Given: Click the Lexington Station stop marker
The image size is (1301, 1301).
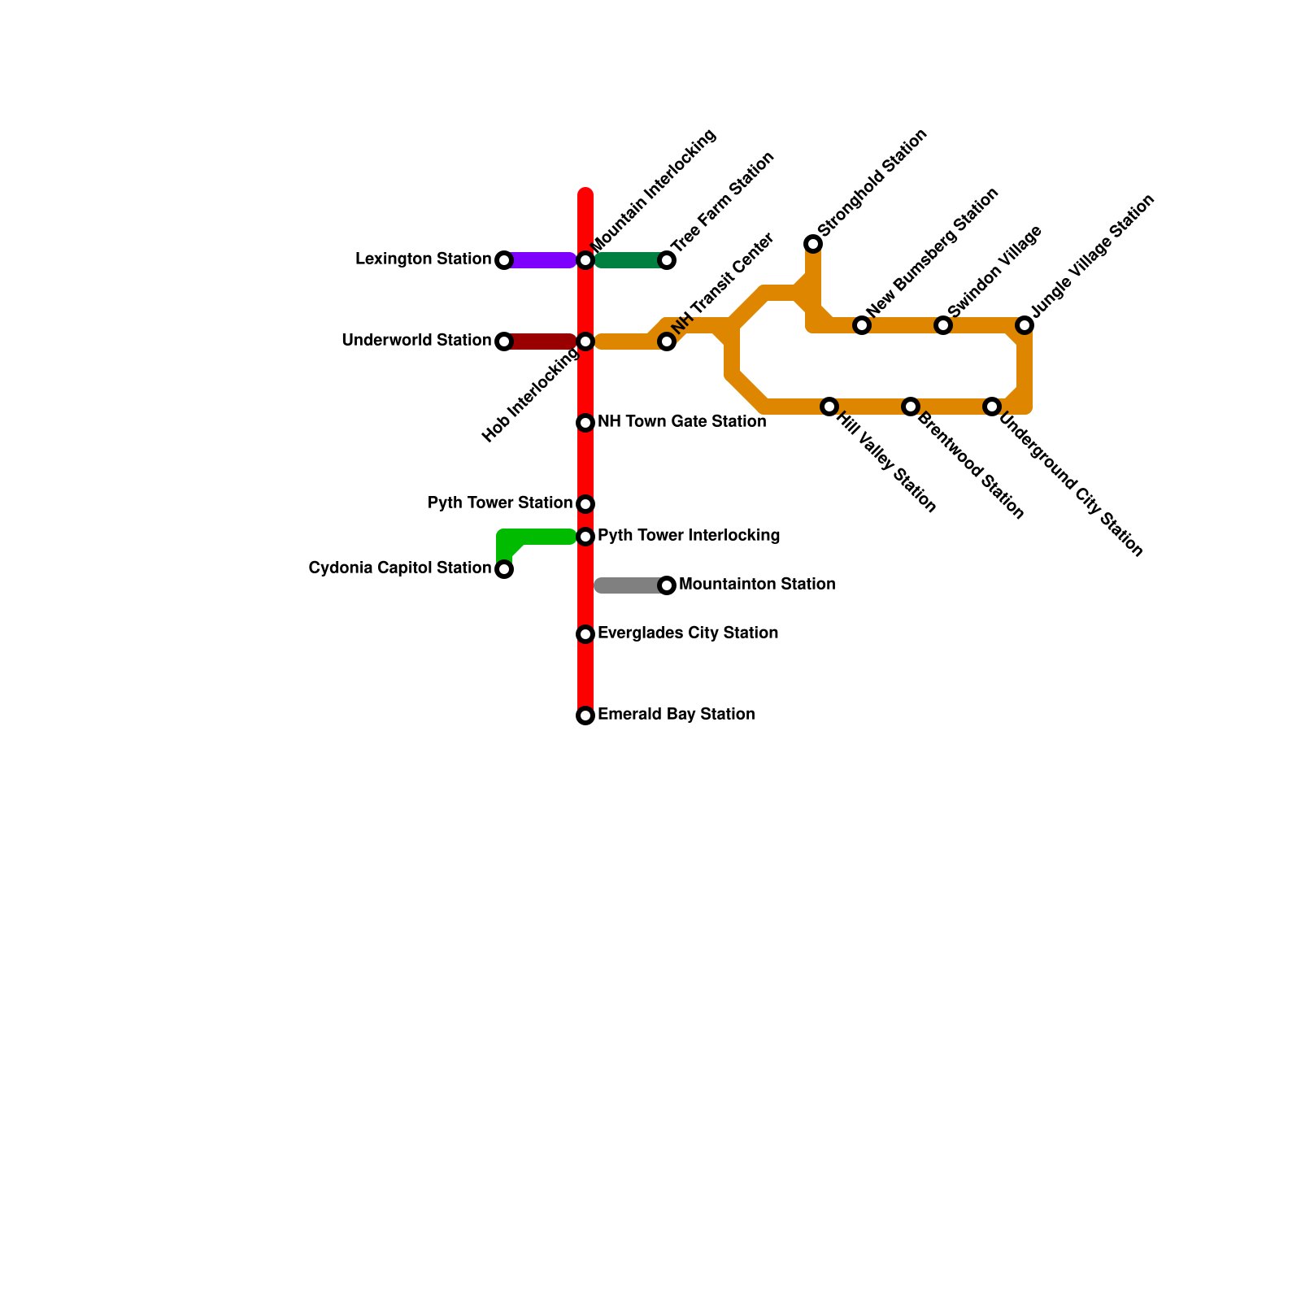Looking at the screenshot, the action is pyautogui.click(x=504, y=260).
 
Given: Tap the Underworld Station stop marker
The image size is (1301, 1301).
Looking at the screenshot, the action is pyautogui.click(x=504, y=342).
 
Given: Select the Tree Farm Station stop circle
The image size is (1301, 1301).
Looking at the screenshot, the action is pyautogui.click(x=667, y=260).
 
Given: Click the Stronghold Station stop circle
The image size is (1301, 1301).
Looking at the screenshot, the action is pyautogui.click(x=813, y=244).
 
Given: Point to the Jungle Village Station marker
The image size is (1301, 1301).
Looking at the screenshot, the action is pyautogui.click(x=1025, y=325).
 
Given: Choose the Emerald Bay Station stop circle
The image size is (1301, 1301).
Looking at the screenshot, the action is pyautogui.click(x=585, y=716).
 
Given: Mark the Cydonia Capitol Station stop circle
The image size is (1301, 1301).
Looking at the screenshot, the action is pyautogui.click(x=504, y=569).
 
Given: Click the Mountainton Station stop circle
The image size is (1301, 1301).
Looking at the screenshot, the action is pyautogui.click(x=667, y=585).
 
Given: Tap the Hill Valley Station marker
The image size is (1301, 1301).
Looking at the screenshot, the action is pyautogui.click(x=829, y=407).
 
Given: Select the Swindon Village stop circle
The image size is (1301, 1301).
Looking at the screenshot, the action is pyautogui.click(x=943, y=325).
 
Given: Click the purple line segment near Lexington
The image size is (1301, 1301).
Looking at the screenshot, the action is pyautogui.click(x=541, y=260).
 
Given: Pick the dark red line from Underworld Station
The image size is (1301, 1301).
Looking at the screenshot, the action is pyautogui.click(x=541, y=342).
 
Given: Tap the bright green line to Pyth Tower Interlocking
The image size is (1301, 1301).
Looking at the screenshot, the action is pyautogui.click(x=545, y=537).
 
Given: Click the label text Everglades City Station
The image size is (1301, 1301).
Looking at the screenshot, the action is pyautogui.click(x=688, y=633).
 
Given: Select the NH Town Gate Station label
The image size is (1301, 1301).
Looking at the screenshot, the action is pyautogui.click(x=681, y=421).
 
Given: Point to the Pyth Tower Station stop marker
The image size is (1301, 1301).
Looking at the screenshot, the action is pyautogui.click(x=585, y=504).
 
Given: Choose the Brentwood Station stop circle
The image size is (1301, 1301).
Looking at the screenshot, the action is pyautogui.click(x=911, y=407).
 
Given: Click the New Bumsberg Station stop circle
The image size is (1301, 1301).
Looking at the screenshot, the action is pyautogui.click(x=862, y=325).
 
